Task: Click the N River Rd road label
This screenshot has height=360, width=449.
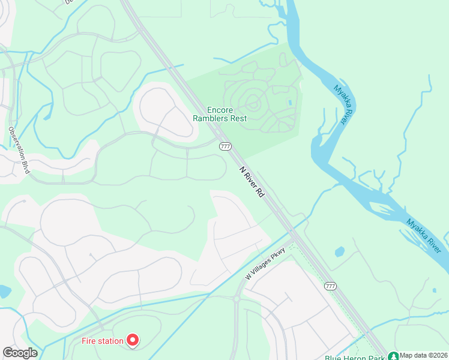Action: click(x=252, y=182)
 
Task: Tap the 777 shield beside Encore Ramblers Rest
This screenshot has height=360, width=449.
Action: click(x=225, y=146)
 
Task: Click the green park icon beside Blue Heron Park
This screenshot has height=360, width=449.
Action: click(x=393, y=356)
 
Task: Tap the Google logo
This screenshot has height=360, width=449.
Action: click(x=20, y=353)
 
